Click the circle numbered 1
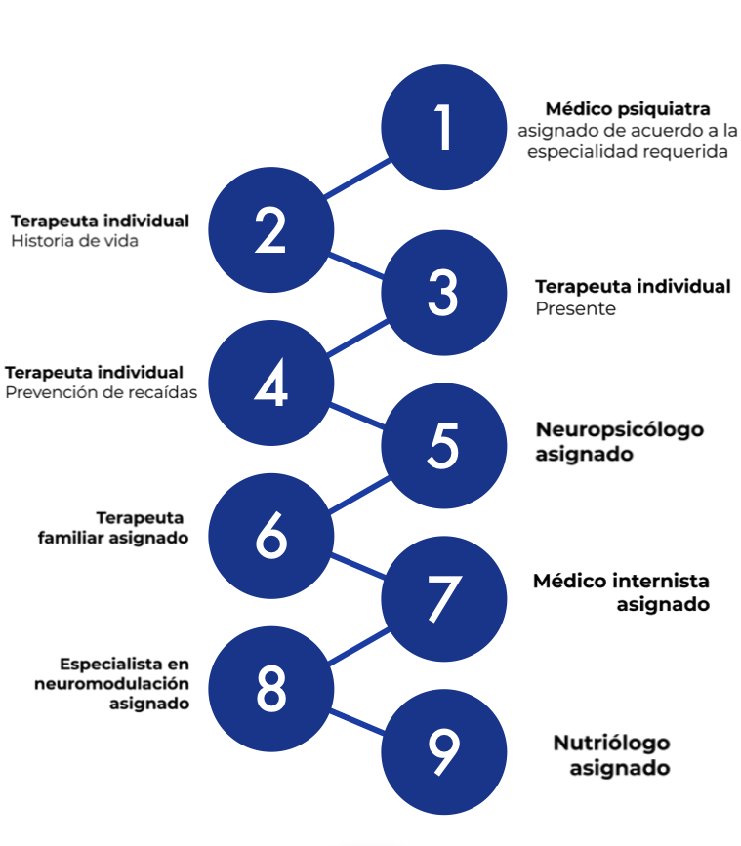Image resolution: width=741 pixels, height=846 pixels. tap(443, 127)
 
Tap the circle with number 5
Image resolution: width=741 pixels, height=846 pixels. tap(443, 446)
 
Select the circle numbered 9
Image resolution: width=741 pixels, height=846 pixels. tap(443, 751)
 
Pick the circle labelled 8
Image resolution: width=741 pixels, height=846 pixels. tap(271, 689)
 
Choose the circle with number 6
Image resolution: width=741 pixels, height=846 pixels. tap(271, 535)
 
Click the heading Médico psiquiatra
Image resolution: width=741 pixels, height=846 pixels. tap(628, 109)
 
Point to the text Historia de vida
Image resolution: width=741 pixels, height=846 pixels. tap(74, 240)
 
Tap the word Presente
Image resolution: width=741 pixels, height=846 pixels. tap(575, 308)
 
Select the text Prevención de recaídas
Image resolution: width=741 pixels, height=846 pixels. tap(102, 392)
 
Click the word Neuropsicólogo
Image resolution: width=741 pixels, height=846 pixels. tap(619, 430)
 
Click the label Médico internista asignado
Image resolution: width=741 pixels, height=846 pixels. tap(621, 592)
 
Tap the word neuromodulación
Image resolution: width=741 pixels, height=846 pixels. tap(112, 683)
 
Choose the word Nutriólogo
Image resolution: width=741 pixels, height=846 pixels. tap(612, 744)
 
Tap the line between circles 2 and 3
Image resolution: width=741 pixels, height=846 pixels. tap(357, 263)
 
